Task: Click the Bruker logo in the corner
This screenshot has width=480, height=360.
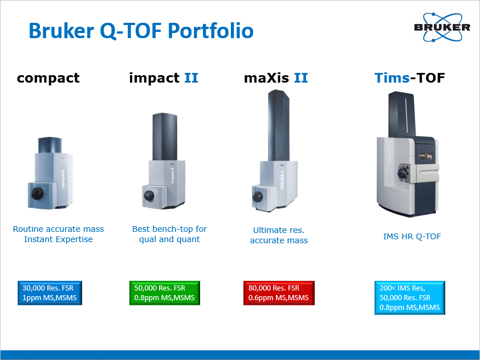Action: pos(442,27)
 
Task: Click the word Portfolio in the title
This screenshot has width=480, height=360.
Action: pos(210,31)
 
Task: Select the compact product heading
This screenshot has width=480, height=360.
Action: pos(48,78)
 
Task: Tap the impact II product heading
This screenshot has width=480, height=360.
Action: pos(164,78)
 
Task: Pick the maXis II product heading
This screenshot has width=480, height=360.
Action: pos(276,78)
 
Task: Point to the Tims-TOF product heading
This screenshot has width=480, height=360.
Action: pos(409,78)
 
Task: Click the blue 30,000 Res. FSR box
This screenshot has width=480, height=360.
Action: pos(50,293)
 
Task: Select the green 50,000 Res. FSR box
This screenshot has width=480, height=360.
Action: pos(165,293)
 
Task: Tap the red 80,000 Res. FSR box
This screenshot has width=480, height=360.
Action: pos(279,293)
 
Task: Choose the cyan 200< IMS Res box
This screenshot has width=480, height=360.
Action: pos(409,298)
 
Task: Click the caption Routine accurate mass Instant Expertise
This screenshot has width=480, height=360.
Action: pos(59,234)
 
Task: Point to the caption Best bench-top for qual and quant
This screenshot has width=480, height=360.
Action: pos(169,234)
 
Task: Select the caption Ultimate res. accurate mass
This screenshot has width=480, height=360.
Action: pos(279,235)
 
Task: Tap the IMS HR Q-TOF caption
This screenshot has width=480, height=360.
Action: pos(412,236)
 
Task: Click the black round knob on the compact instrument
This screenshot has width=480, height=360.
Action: pos(37,193)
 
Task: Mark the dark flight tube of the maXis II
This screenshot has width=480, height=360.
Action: pos(279,125)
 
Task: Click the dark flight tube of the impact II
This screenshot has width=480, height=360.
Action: pos(165,137)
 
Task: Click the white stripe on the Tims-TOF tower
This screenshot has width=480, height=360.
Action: pos(406,117)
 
